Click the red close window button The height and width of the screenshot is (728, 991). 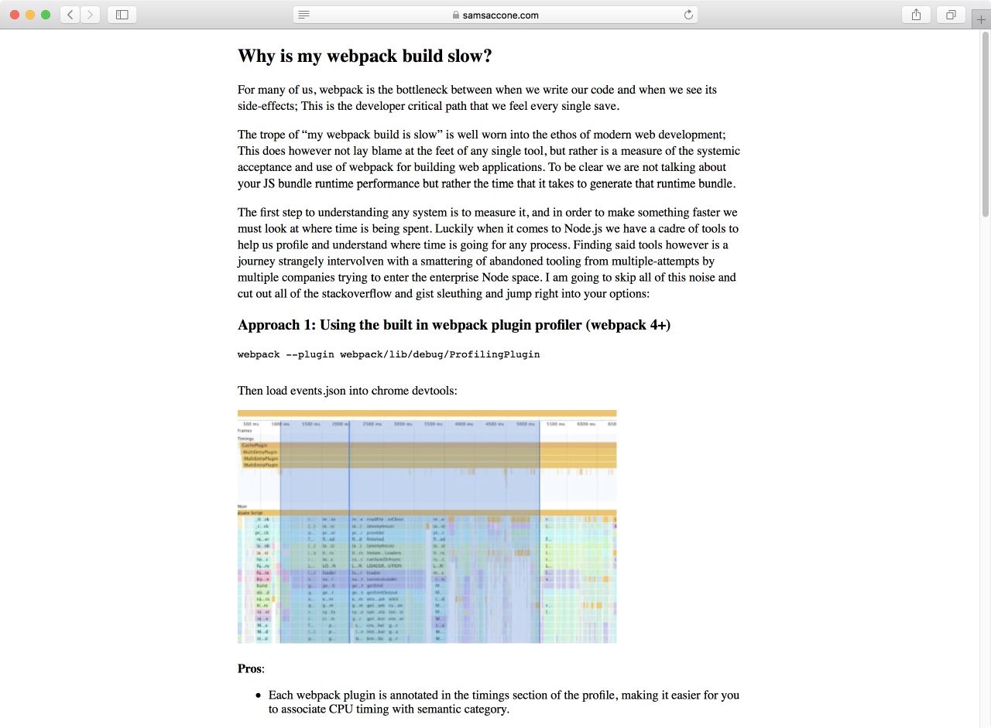click(15, 15)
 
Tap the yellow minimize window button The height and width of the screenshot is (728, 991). click(30, 15)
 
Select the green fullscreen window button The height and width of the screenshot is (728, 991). click(46, 15)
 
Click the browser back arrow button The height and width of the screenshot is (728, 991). click(70, 15)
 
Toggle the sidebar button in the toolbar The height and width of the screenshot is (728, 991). click(122, 15)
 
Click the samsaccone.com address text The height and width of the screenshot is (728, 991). click(500, 15)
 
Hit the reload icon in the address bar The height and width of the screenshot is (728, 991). click(688, 15)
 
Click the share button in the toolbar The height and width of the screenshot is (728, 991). click(916, 15)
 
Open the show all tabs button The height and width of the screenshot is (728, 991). click(951, 15)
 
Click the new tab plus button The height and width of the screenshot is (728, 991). click(981, 20)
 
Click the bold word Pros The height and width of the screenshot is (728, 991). click(249, 668)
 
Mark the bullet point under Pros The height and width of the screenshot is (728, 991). click(259, 696)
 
